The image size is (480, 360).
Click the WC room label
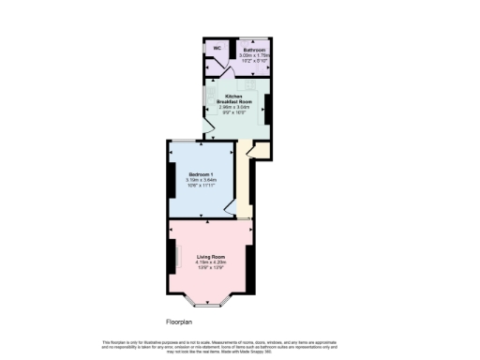[x=217, y=48]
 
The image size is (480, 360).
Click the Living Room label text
[x=211, y=256]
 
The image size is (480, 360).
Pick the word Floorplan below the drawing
[x=179, y=321]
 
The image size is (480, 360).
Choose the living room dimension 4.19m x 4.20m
[x=211, y=262]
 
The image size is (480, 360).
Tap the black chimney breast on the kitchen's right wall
[x=267, y=109]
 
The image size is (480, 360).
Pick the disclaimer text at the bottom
[x=239, y=346]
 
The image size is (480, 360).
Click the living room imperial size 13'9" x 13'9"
[x=211, y=268]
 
